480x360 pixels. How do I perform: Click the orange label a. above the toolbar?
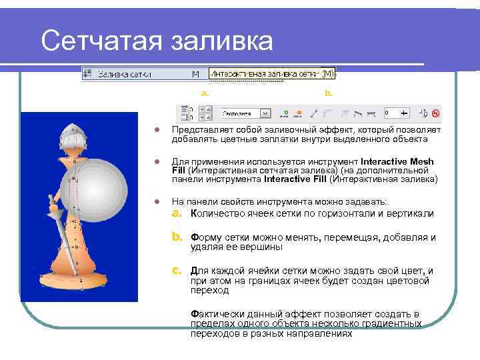pyautogui.click(x=205, y=93)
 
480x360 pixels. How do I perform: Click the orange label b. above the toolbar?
pyautogui.click(x=328, y=93)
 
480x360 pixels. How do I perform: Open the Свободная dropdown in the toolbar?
pyautogui.click(x=265, y=114)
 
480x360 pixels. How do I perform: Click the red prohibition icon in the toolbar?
pyautogui.click(x=436, y=114)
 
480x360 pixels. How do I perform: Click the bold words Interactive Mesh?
pyautogui.click(x=397, y=161)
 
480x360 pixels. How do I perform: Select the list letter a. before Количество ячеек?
pyautogui.click(x=177, y=213)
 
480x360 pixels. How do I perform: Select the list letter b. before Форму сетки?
pyautogui.click(x=177, y=237)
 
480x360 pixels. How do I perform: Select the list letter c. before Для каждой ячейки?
pyautogui.click(x=177, y=271)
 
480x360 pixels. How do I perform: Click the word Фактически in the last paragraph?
pyautogui.click(x=214, y=313)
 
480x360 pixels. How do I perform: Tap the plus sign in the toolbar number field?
pyautogui.click(x=403, y=113)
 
